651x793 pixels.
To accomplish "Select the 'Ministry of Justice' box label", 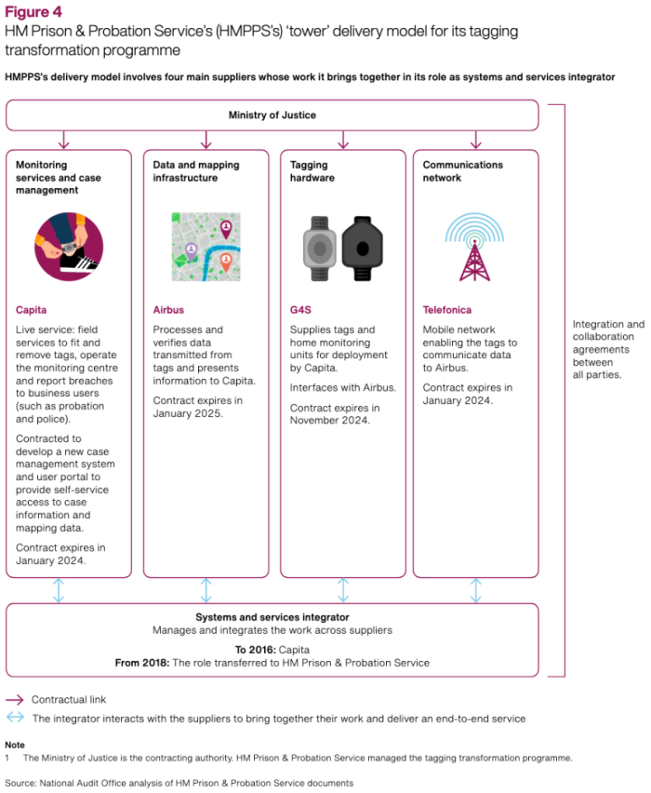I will tap(272, 115).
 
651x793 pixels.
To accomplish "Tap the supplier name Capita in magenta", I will tap(32, 310).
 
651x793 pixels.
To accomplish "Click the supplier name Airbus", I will tap(168, 310).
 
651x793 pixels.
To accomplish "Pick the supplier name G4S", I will tap(301, 310).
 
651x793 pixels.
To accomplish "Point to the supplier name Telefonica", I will tap(447, 310).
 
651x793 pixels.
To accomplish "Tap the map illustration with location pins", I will tap(206, 247).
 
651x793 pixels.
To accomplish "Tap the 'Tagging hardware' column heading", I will tap(312, 171).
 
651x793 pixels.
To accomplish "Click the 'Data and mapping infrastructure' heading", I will tap(195, 171).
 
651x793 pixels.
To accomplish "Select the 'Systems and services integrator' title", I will tap(272, 617).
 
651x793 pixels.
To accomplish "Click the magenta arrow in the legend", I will tap(15, 699).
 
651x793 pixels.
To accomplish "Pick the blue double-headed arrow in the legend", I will tap(15, 719).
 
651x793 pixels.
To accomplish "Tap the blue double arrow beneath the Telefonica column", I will tap(475, 590).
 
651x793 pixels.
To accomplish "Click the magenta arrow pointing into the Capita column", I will tap(63, 140).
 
